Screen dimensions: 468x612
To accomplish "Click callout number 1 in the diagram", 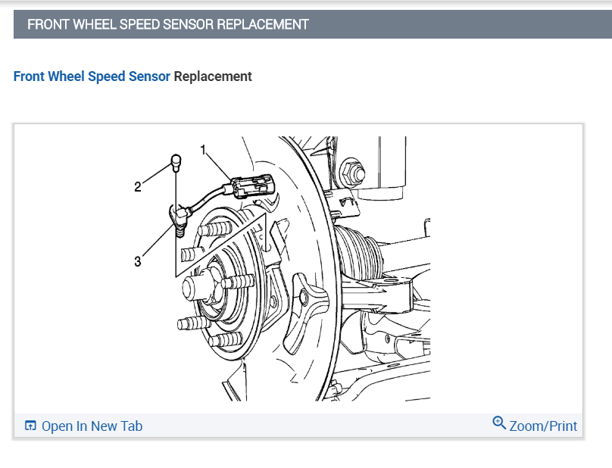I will point(203,149).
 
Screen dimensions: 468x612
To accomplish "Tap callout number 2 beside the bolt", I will point(138,187).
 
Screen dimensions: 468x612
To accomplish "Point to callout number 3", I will point(137,261).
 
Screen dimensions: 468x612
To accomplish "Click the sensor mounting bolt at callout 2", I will point(175,161).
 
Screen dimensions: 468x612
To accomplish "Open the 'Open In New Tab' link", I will point(92,426).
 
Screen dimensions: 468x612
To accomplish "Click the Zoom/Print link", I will point(543,426).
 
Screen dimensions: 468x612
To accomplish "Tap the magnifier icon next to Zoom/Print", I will point(499,423).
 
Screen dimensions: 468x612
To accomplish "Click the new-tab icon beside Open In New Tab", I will point(30,426).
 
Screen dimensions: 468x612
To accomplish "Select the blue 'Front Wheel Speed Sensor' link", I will point(92,76).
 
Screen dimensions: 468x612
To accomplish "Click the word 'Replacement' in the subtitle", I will point(213,76).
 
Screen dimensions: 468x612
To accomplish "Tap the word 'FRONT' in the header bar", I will point(48,24).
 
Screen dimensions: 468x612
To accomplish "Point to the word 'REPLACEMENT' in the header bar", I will point(263,24).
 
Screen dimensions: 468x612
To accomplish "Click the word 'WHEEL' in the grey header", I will point(95,24).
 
